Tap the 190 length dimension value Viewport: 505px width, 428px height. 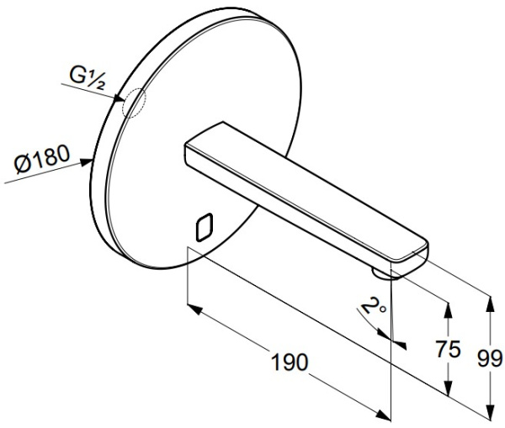290,362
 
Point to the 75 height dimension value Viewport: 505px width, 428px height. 448,349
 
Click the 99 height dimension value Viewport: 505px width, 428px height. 490,358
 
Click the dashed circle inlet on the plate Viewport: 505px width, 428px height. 134,103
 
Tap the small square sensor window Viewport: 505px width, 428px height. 205,227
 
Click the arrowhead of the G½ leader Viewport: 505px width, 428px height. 119,98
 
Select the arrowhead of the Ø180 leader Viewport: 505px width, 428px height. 87,162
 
